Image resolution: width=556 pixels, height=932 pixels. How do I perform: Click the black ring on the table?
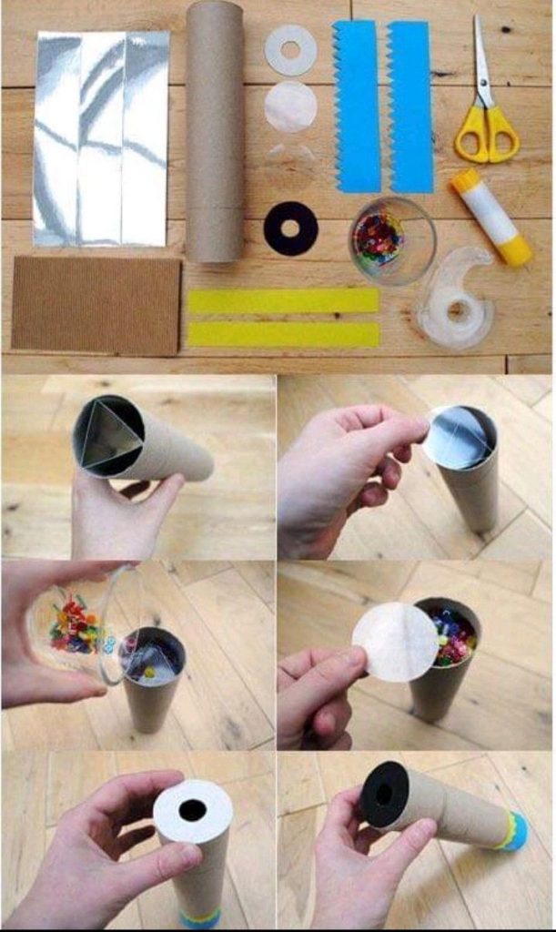290,228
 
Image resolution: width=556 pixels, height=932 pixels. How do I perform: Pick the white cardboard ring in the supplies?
290,49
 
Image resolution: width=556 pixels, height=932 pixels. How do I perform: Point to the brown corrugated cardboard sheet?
96,304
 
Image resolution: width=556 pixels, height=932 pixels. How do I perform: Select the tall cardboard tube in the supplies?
215,132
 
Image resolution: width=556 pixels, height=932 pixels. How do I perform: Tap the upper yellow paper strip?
282,301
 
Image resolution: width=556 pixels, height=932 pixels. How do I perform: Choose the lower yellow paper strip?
282,334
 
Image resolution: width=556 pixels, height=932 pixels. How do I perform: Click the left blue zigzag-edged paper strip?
358,106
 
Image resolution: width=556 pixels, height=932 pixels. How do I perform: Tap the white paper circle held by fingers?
395,641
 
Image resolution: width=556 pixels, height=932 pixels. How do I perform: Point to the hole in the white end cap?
192,809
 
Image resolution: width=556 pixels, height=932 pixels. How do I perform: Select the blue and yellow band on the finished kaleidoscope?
511,830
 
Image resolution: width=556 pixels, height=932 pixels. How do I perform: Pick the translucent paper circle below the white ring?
290,107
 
